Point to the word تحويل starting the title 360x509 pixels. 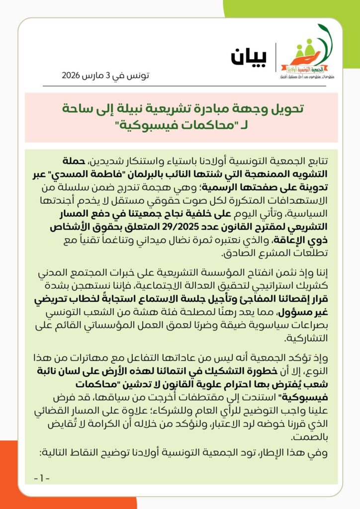click(286, 108)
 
